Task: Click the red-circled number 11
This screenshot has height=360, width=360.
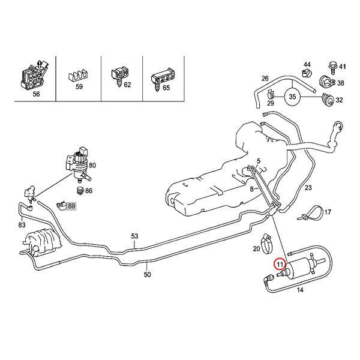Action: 280,263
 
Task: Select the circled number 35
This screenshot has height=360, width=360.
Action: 292,96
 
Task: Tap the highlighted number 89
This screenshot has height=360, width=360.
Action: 72,206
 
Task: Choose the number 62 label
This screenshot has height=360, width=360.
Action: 127,86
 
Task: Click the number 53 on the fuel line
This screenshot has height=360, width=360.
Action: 135,236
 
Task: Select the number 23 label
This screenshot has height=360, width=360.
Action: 308,188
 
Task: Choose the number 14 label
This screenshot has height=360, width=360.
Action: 300,290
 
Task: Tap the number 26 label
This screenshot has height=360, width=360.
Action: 265,79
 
